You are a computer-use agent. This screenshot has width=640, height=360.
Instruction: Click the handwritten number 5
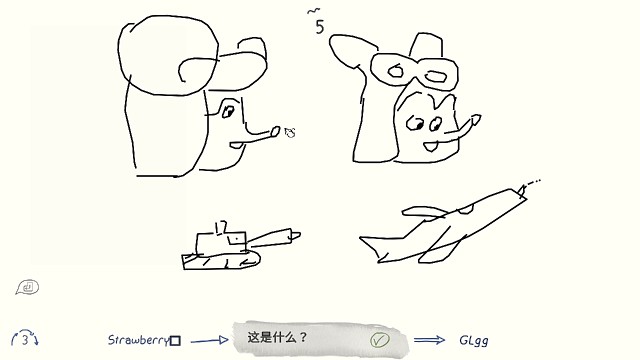click(319, 27)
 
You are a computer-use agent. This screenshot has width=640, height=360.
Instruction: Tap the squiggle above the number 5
click(316, 11)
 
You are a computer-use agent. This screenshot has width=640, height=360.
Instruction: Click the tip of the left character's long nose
click(291, 130)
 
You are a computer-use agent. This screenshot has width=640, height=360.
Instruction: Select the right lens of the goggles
click(434, 73)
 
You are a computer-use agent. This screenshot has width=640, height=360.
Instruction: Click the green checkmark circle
click(379, 340)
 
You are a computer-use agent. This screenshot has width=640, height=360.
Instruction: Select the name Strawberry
click(137, 340)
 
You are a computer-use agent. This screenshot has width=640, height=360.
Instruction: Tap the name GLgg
click(474, 340)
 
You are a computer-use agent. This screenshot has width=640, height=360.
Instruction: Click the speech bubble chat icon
click(27, 288)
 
